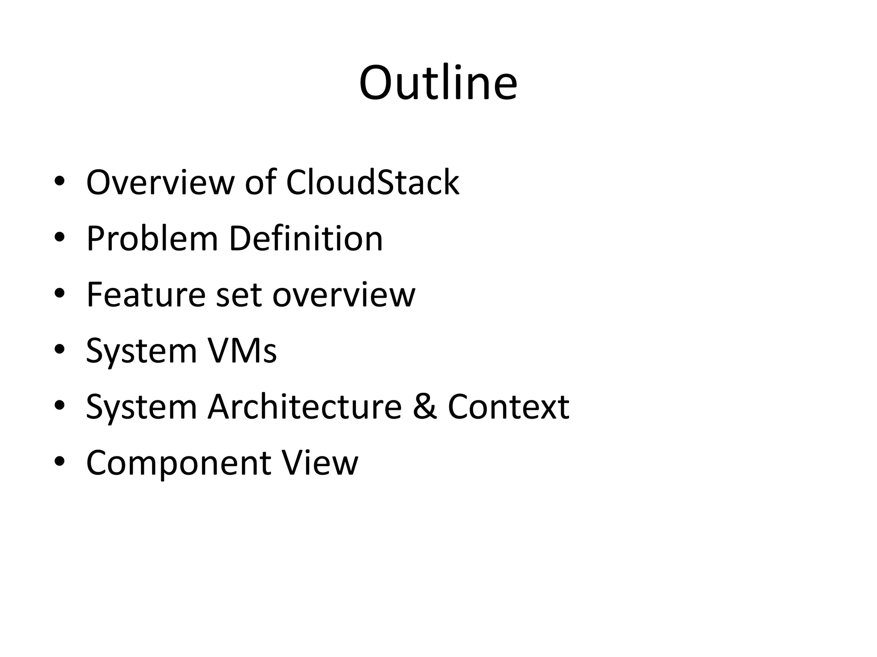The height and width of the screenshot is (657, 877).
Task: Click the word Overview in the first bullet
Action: pyautogui.click(x=160, y=183)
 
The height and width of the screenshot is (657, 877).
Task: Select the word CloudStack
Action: pyautogui.click(x=372, y=183)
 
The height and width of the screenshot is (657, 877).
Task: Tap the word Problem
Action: pyautogui.click(x=152, y=239)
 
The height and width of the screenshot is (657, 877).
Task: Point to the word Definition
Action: pyautogui.click(x=306, y=239)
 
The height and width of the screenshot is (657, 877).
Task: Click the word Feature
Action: pyautogui.click(x=146, y=295)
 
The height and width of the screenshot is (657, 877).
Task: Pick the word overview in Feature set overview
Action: pyautogui.click(x=344, y=296)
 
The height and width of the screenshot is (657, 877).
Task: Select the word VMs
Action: pyautogui.click(x=242, y=351)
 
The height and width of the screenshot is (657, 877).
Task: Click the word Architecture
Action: pyautogui.click(x=304, y=407)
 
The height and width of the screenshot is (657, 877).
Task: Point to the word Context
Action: pyautogui.click(x=508, y=407)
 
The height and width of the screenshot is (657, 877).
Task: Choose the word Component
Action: pyautogui.click(x=179, y=464)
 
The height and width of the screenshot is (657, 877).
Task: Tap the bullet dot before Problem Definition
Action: pyautogui.click(x=60, y=238)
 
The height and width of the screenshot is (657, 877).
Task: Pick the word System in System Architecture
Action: pyautogui.click(x=141, y=408)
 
